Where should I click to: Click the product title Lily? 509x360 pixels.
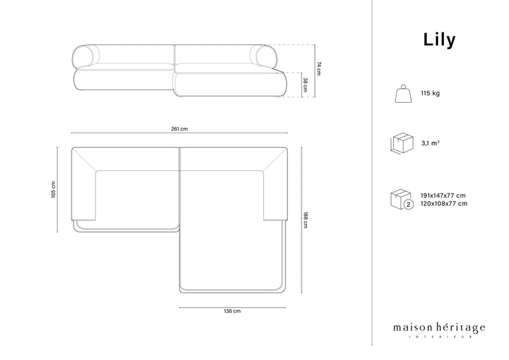point(439,40)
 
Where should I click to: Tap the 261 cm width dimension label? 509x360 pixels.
point(180,129)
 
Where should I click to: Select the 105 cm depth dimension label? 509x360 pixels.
point(54,190)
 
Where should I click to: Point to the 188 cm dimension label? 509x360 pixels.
point(306,219)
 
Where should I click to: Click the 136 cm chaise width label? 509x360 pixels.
point(232,311)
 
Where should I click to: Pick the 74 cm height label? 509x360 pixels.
point(319,68)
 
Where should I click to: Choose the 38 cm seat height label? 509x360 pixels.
point(306,85)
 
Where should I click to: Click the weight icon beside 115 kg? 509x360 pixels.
point(404,94)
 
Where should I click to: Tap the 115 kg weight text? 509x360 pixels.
point(430,93)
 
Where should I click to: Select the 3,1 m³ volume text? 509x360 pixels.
point(430,143)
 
